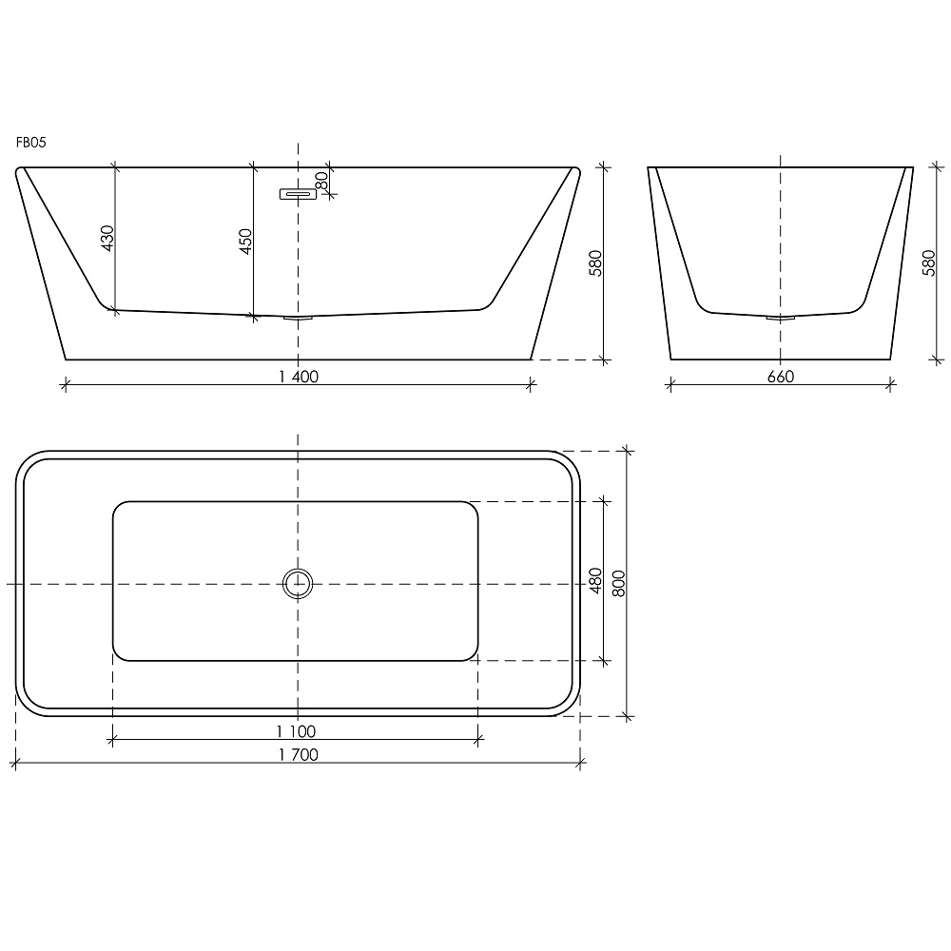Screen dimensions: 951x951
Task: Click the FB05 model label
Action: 31,143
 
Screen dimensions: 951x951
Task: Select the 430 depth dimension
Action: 107,239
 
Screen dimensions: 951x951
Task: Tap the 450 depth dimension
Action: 245,242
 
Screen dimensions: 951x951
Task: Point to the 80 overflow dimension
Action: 321,180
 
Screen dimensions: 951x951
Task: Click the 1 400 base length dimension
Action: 299,377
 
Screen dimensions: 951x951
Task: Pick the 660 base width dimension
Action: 781,377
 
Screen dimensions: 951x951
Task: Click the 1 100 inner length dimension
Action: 296,731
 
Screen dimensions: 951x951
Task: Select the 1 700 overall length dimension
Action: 299,754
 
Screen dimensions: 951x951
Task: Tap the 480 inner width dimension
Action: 595,580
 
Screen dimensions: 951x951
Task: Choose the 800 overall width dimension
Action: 618,584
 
